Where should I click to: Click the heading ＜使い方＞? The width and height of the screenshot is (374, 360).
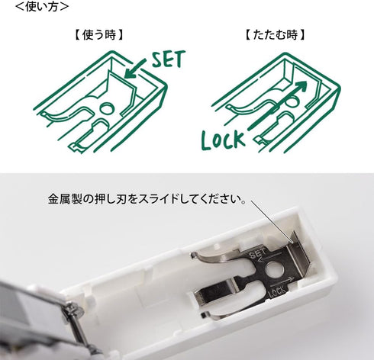(x=37, y=7)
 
